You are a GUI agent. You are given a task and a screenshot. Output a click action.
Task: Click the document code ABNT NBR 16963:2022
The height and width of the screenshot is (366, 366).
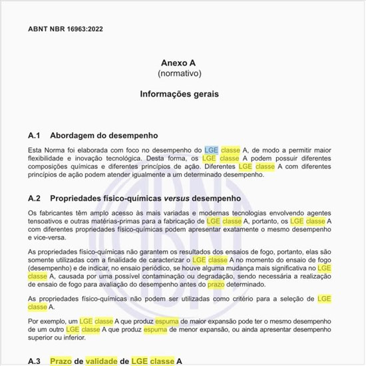65,29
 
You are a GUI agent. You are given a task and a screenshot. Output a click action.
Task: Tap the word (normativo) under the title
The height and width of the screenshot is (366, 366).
179,73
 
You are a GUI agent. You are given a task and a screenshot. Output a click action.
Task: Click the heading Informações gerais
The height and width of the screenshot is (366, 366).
179,94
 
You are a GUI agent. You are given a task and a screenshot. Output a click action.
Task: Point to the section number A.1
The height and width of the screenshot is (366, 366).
35,135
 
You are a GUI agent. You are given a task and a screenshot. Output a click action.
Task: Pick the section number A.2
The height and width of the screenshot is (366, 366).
35,198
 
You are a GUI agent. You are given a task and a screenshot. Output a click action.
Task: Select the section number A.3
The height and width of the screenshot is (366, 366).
35,361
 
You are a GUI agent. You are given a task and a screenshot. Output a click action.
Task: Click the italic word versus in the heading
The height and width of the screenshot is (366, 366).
174,198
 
